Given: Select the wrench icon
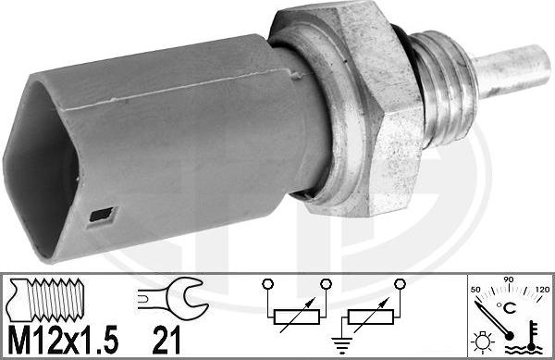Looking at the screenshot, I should (x=168, y=298).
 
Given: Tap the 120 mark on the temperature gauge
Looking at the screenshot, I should (x=540, y=290).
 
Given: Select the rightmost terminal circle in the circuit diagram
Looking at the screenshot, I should (x=401, y=283).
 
